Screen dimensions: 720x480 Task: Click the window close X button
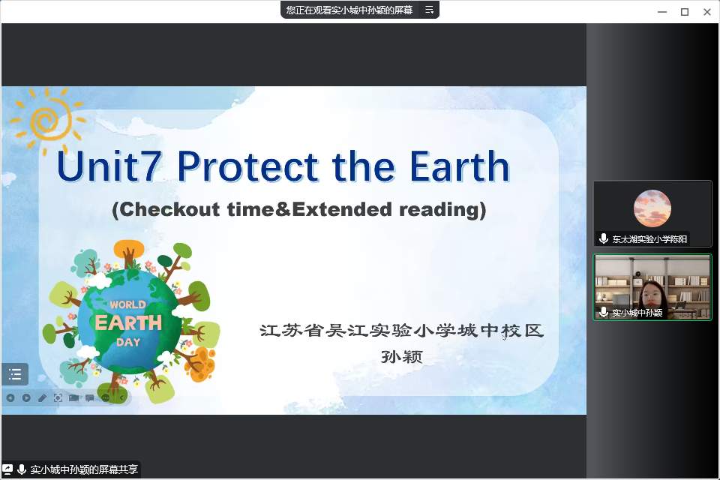coord(707,12)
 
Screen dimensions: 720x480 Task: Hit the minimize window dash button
coord(662,12)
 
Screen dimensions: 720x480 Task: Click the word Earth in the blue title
coord(460,166)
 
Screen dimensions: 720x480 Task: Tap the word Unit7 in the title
coord(109,166)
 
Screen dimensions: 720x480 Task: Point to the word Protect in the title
coord(248,166)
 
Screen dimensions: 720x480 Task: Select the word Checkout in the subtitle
coord(166,209)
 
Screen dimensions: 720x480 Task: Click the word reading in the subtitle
coord(442,209)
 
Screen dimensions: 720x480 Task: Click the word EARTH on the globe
coord(128,323)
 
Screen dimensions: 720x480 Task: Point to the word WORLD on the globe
coord(127,304)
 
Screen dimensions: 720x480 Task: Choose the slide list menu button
coord(15,374)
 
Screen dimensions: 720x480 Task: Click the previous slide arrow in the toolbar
coord(10,397)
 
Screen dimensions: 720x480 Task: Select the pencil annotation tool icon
coord(42,397)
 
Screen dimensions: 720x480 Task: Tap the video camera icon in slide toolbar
coord(73,397)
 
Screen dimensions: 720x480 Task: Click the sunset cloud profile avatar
coord(652,208)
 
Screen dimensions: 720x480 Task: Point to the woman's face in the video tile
coord(652,295)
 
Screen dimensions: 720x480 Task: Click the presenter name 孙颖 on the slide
coord(402,357)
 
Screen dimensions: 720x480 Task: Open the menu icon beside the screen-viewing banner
coord(429,10)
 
